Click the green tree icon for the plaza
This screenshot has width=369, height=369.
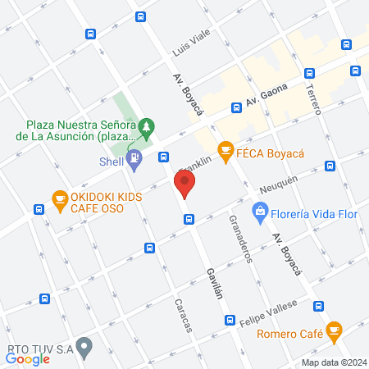146,126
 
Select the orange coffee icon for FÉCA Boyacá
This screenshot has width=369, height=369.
224,149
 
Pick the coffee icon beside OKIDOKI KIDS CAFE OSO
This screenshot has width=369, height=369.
59,198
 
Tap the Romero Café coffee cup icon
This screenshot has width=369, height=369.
332,330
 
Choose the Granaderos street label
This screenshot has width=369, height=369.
241,239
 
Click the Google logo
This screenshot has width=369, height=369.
28,358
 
